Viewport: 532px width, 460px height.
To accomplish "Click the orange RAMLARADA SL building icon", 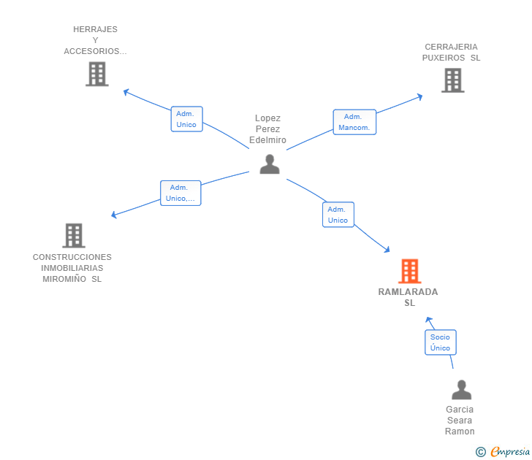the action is pos(409,271).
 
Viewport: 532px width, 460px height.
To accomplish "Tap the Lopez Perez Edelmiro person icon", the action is pos(270,164).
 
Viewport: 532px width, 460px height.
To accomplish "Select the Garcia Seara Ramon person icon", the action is pos(461,390).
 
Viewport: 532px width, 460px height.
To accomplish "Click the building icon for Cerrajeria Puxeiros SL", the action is pos(453,80).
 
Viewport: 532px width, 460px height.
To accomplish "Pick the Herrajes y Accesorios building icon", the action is pos(97,74).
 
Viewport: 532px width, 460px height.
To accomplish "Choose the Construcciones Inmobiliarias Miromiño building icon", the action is pos(74,236).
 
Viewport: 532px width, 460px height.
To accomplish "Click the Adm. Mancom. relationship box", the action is pos(354,122).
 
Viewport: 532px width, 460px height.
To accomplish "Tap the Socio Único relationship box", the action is pos(441,342).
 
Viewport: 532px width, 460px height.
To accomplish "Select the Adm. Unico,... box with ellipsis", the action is pos(180,193).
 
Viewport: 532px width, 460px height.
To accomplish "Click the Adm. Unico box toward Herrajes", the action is pos(186,119).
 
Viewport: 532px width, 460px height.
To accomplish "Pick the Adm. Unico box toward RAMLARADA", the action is pos(338,215).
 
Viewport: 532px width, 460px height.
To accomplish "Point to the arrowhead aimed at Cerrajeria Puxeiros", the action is pos(420,96).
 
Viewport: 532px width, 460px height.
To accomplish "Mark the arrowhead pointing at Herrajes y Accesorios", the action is pos(126,91).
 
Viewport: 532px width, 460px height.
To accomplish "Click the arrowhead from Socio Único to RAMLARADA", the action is pos(429,319).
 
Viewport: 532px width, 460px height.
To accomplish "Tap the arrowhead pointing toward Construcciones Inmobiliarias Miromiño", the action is pos(114,214).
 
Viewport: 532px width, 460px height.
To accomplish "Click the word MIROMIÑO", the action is pos(64,279).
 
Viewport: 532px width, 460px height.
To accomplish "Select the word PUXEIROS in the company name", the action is pos(444,58).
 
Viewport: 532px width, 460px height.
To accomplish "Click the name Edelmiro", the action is pos(267,140).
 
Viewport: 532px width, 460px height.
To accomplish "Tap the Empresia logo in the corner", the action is pos(510,451).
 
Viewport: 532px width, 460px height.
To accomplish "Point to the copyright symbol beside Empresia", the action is pos(480,452).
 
